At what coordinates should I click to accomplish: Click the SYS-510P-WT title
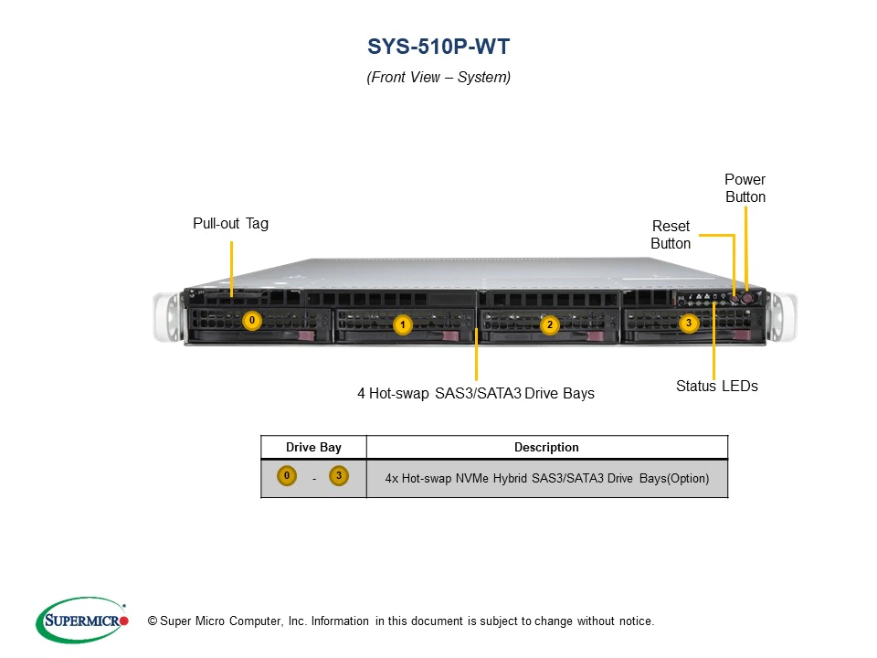coord(438,47)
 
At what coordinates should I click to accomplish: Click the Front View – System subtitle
coord(438,78)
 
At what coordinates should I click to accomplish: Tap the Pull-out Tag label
coord(230,223)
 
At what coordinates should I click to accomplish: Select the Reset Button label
coord(671,235)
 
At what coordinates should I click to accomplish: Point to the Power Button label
coord(745,188)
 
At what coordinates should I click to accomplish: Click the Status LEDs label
coord(716,386)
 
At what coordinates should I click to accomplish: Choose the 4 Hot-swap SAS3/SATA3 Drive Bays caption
coord(475,394)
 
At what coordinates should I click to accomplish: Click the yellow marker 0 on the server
coord(253,321)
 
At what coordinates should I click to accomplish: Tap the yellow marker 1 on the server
coord(402,324)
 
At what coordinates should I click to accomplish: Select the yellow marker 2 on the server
coord(549,324)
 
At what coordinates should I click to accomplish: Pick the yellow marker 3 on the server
coord(690,322)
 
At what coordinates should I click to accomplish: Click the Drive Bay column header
coord(313,447)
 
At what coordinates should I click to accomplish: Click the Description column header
coord(546,447)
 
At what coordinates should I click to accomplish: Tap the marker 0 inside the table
coord(287,476)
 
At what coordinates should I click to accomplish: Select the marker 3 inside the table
coord(339,476)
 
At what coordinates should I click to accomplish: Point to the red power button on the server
coord(747,297)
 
